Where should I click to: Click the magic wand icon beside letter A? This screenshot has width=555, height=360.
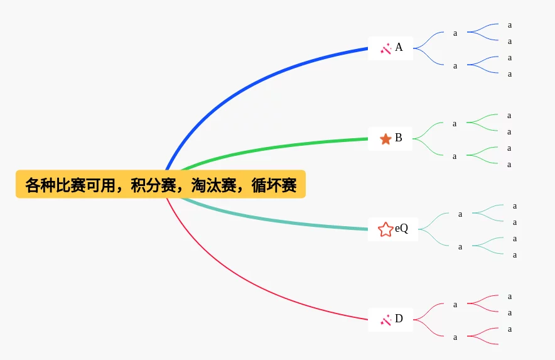tap(385, 48)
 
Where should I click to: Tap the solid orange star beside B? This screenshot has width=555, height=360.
tap(385, 138)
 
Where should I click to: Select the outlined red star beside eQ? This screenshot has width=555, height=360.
tap(385, 229)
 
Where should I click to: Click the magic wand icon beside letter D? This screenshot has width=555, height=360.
tap(385, 320)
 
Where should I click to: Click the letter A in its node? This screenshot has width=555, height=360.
tap(399, 48)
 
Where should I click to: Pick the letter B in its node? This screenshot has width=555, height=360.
tap(399, 138)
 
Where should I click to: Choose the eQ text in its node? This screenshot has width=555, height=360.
tap(402, 229)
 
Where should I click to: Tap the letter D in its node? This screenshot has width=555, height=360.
tap(399, 319)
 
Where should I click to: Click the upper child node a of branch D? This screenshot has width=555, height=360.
tap(455, 305)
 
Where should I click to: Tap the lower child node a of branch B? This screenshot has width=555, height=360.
tap(455, 156)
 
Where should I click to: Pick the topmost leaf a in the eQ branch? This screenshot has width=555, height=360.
tap(515, 206)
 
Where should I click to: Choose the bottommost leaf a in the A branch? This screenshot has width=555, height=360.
tap(510, 74)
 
